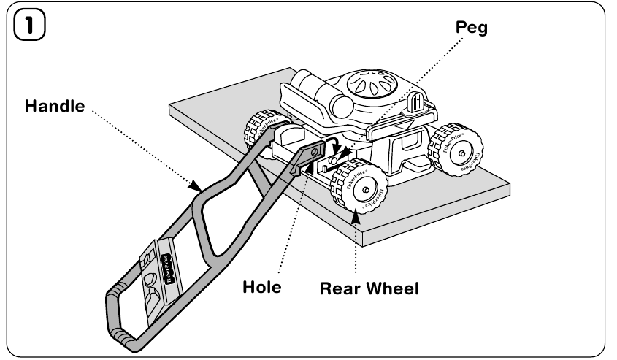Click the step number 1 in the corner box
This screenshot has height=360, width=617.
click(x=24, y=29)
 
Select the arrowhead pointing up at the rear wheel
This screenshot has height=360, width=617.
click(x=356, y=211)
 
